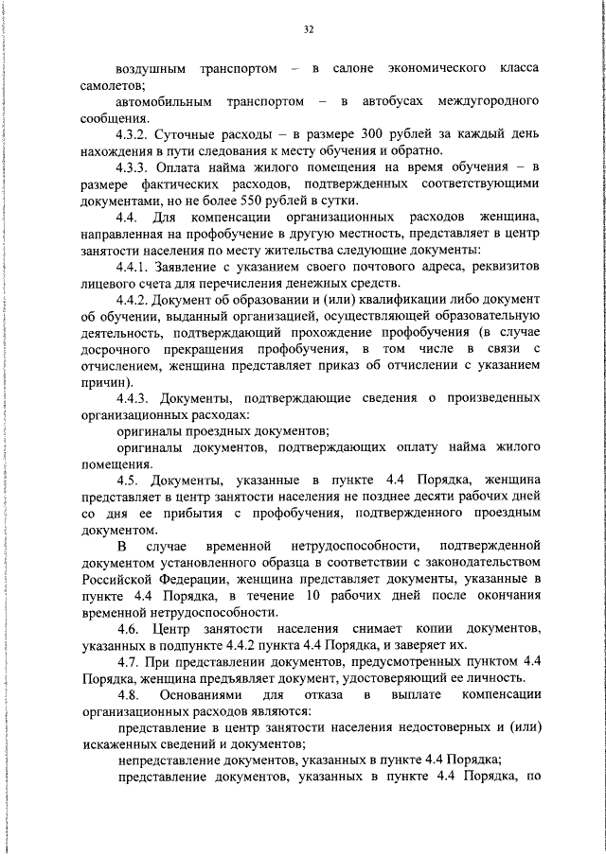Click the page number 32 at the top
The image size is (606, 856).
click(x=309, y=29)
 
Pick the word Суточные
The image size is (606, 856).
click(x=194, y=134)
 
